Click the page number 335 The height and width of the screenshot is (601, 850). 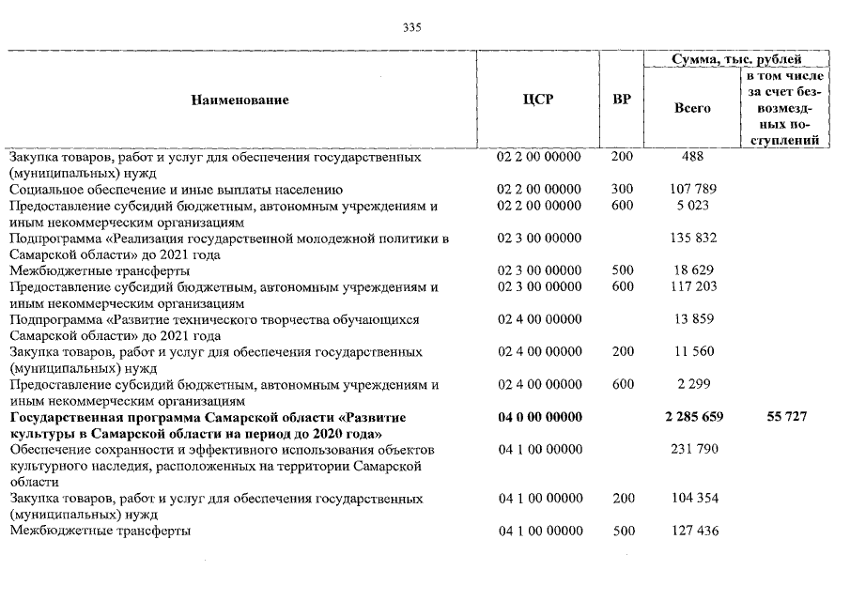click(x=412, y=27)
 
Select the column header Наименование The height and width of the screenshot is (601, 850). click(x=240, y=100)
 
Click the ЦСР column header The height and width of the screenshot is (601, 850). click(x=538, y=100)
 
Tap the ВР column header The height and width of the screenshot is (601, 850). click(x=622, y=100)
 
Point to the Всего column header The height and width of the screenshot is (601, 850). click(x=692, y=108)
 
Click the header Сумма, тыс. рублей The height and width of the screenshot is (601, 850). click(x=735, y=60)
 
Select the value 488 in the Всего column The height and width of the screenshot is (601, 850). click(x=692, y=157)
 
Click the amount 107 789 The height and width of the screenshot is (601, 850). click(x=692, y=189)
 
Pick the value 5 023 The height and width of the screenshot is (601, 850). click(x=692, y=205)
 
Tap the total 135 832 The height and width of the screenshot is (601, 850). click(x=692, y=239)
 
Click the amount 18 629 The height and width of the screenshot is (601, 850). click(x=692, y=270)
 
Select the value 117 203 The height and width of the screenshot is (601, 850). click(x=692, y=286)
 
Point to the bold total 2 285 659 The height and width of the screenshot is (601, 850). click(x=692, y=416)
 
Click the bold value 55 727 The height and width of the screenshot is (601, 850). click(x=786, y=416)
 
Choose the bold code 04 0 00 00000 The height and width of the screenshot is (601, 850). click(x=538, y=416)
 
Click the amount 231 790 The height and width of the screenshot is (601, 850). click(x=692, y=449)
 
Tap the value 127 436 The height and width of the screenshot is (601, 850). click(x=692, y=531)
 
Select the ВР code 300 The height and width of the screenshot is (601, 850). click(x=622, y=189)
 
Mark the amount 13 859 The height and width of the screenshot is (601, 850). click(x=692, y=319)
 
